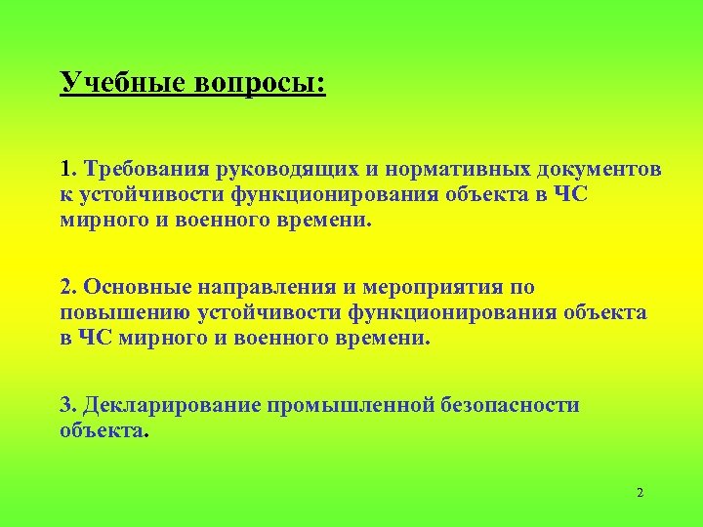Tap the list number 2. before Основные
click(68, 287)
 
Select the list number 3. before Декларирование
click(68, 405)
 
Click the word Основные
click(138, 287)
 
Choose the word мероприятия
click(434, 287)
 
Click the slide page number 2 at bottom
click(640, 493)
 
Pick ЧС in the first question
click(572, 193)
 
